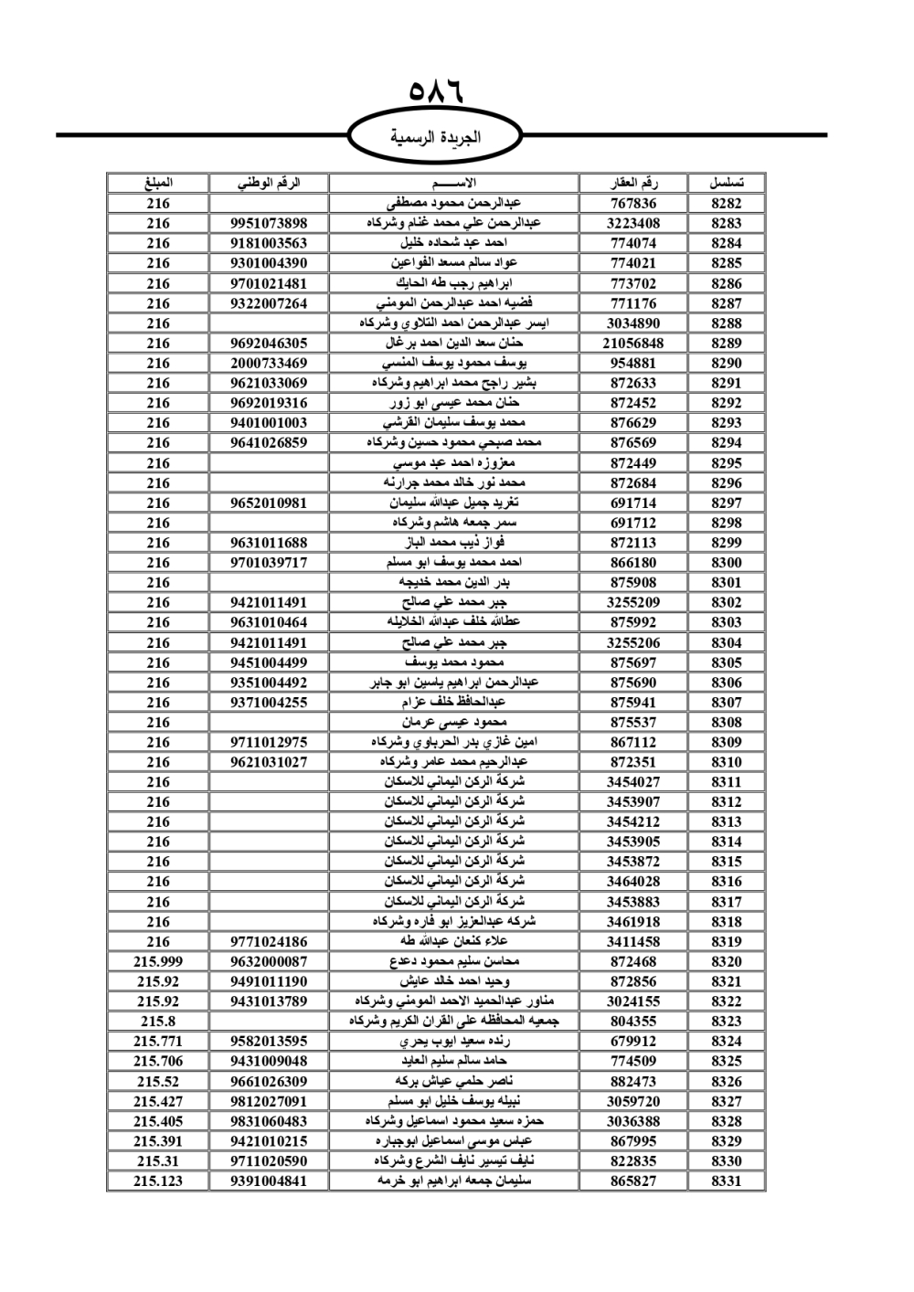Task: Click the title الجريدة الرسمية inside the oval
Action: pyautogui.click(x=435, y=138)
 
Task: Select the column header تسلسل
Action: pyautogui.click(x=726, y=183)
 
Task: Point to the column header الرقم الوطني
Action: pyautogui.click(x=269, y=183)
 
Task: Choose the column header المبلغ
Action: pyautogui.click(x=158, y=183)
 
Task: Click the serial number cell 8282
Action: pyautogui.click(x=726, y=203)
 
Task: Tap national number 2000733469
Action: pyautogui.click(x=269, y=363)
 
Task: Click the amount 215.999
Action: pyautogui.click(x=158, y=961)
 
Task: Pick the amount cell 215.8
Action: pyautogui.click(x=158, y=1021)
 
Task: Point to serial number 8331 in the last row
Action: pyautogui.click(x=726, y=1181)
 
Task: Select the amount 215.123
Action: pyautogui.click(x=158, y=1181)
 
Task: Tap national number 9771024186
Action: pyautogui.click(x=269, y=941)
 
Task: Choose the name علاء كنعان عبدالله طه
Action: pyautogui.click(x=454, y=941)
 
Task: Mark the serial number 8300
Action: pyautogui.click(x=726, y=563)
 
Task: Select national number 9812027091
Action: pyautogui.click(x=269, y=1101)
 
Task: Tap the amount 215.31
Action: pyautogui.click(x=158, y=1160)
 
